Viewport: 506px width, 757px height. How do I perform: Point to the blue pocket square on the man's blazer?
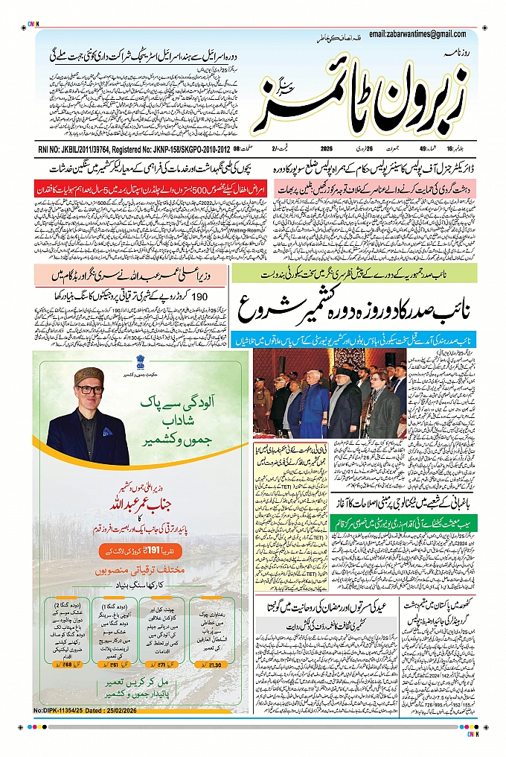108,431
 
